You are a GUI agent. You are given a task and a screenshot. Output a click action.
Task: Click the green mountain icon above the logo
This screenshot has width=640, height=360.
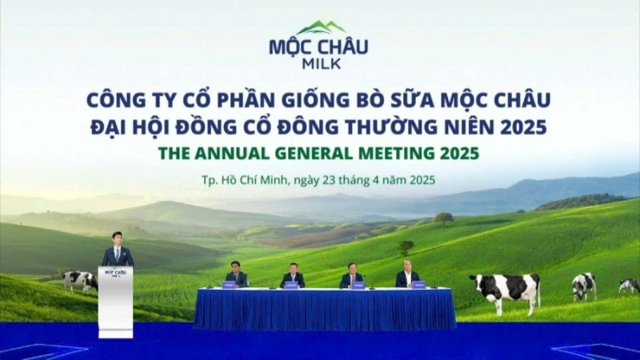[x=318, y=29]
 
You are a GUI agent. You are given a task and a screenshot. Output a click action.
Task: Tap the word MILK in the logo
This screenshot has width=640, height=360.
[x=319, y=64]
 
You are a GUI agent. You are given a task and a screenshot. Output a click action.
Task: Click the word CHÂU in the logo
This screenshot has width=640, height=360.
[x=343, y=46]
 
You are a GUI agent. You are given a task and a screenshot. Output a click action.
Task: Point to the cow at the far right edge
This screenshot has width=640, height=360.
[x=629, y=285]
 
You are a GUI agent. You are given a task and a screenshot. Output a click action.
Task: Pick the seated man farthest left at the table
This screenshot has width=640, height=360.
[x=236, y=274]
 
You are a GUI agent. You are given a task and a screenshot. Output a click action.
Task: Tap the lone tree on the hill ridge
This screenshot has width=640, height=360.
[x=445, y=218]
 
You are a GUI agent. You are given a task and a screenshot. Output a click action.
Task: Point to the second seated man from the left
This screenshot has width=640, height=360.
[x=292, y=275]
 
